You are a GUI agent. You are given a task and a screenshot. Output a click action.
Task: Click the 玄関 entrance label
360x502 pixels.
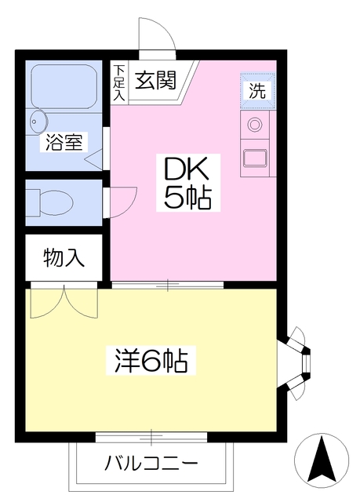pyautogui.click(x=155, y=80)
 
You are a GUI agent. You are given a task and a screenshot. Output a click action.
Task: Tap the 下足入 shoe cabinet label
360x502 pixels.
pyautogui.click(x=119, y=82)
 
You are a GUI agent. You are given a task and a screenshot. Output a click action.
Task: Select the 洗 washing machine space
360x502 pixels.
pyautogui.click(x=257, y=91)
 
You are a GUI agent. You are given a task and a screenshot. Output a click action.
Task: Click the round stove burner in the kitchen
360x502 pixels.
pyautogui.click(x=255, y=124)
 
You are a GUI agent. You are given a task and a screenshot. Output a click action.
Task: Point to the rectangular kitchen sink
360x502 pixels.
pyautogui.click(x=255, y=158)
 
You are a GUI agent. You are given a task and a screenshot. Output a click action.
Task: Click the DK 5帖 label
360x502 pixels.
pyautogui.click(x=187, y=183)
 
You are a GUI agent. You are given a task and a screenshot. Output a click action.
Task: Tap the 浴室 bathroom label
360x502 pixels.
pyautogui.click(x=64, y=142)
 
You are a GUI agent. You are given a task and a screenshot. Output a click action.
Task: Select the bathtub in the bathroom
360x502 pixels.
pyautogui.click(x=64, y=86)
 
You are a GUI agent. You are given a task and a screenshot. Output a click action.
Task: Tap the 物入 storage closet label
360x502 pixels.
pyautogui.click(x=64, y=258)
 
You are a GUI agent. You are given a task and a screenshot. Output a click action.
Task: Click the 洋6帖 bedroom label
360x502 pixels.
pyautogui.click(x=151, y=361)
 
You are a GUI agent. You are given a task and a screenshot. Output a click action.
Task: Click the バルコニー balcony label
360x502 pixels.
pyautogui.click(x=151, y=463)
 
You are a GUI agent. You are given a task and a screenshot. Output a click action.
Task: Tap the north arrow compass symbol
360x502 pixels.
pyautogui.click(x=322, y=460)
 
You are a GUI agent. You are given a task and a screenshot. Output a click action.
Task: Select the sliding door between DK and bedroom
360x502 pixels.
pyautogui.click(x=167, y=285)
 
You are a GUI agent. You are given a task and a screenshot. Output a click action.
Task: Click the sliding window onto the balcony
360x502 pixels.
pyautogui.click(x=151, y=436)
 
